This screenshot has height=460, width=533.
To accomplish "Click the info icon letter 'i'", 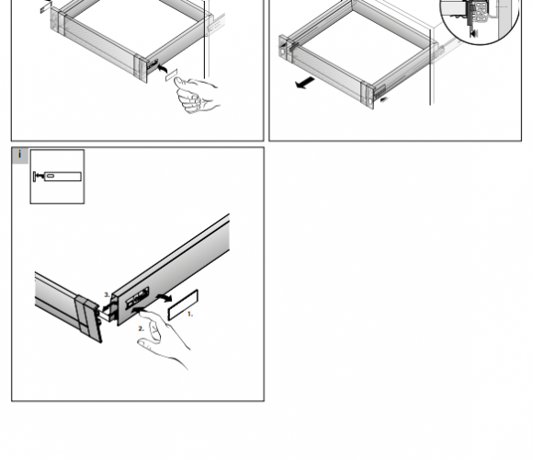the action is [x=19, y=155].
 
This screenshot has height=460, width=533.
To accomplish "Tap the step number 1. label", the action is [x=190, y=314].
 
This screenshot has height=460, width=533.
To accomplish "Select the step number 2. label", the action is [x=142, y=328].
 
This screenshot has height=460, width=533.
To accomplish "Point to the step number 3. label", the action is [x=107, y=294].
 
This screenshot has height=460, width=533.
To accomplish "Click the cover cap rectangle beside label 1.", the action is [x=183, y=305].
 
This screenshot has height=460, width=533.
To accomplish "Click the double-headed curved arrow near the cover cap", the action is [x=164, y=298].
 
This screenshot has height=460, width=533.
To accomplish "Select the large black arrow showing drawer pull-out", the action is [x=305, y=83].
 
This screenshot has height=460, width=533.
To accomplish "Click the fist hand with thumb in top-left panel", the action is [x=197, y=96].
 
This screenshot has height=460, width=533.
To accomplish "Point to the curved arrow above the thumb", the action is [x=163, y=69].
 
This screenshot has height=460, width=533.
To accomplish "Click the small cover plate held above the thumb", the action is [x=171, y=75].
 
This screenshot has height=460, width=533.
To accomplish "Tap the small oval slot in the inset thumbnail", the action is [x=50, y=176].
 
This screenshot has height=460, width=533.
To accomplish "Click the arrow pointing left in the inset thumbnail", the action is [x=40, y=176].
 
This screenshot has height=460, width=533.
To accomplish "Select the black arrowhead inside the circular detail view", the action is [x=473, y=33].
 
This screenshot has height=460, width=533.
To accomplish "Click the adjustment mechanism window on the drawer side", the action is [x=138, y=298].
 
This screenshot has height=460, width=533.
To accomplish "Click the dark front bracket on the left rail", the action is [x=89, y=318].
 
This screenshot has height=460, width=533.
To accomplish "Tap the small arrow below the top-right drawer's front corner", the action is [x=384, y=99].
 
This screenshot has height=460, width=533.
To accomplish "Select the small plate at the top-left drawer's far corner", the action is [x=45, y=8].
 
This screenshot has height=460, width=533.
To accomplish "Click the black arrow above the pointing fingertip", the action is [x=139, y=310].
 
